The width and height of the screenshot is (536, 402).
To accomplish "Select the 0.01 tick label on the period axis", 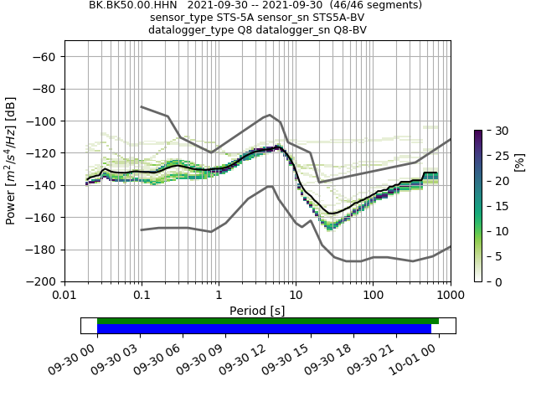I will (64, 295).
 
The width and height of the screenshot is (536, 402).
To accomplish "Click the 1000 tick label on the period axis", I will (450, 295).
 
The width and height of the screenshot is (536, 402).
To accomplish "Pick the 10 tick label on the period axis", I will (296, 295).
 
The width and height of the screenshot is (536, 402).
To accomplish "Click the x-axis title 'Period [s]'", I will (257, 310).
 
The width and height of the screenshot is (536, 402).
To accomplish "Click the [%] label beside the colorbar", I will (519, 161).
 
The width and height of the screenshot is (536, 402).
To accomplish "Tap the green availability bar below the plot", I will (268, 321).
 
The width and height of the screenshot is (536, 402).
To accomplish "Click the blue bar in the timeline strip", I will (264, 328).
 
